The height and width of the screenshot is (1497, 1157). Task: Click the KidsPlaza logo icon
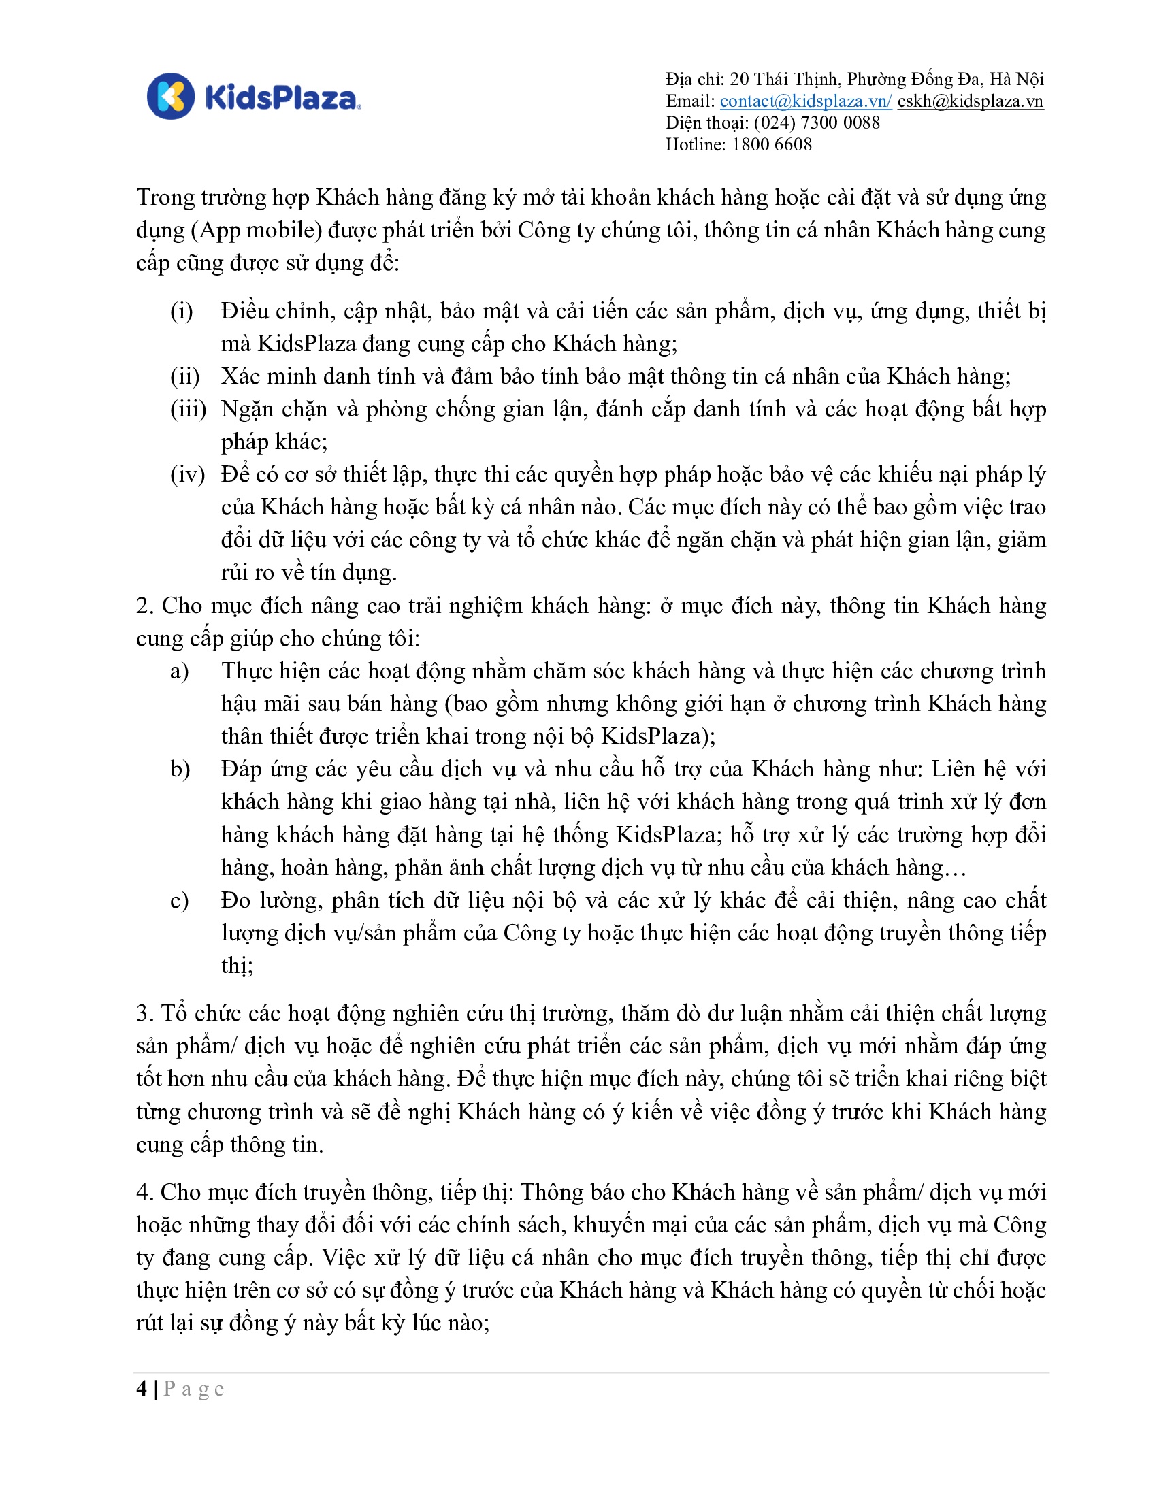pyautogui.click(x=171, y=96)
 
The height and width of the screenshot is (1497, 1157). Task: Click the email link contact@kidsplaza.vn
pyautogui.click(x=804, y=101)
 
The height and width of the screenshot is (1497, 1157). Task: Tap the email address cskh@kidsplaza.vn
pyautogui.click(x=970, y=101)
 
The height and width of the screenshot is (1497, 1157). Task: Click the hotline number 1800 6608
pyautogui.click(x=772, y=145)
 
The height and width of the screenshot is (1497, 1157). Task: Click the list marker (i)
pyautogui.click(x=182, y=311)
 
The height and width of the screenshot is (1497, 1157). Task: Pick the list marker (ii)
pyautogui.click(x=184, y=376)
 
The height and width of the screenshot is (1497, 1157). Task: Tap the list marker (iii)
pyautogui.click(x=188, y=409)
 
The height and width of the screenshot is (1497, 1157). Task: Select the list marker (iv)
pyautogui.click(x=187, y=474)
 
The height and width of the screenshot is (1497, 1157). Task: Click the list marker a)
pyautogui.click(x=180, y=671)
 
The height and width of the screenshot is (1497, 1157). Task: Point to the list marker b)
pyautogui.click(x=180, y=769)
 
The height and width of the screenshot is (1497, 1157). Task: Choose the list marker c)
pyautogui.click(x=180, y=900)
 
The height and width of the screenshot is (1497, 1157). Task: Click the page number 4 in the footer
pyautogui.click(x=142, y=1389)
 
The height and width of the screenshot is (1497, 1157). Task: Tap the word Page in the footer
pyautogui.click(x=194, y=1389)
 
